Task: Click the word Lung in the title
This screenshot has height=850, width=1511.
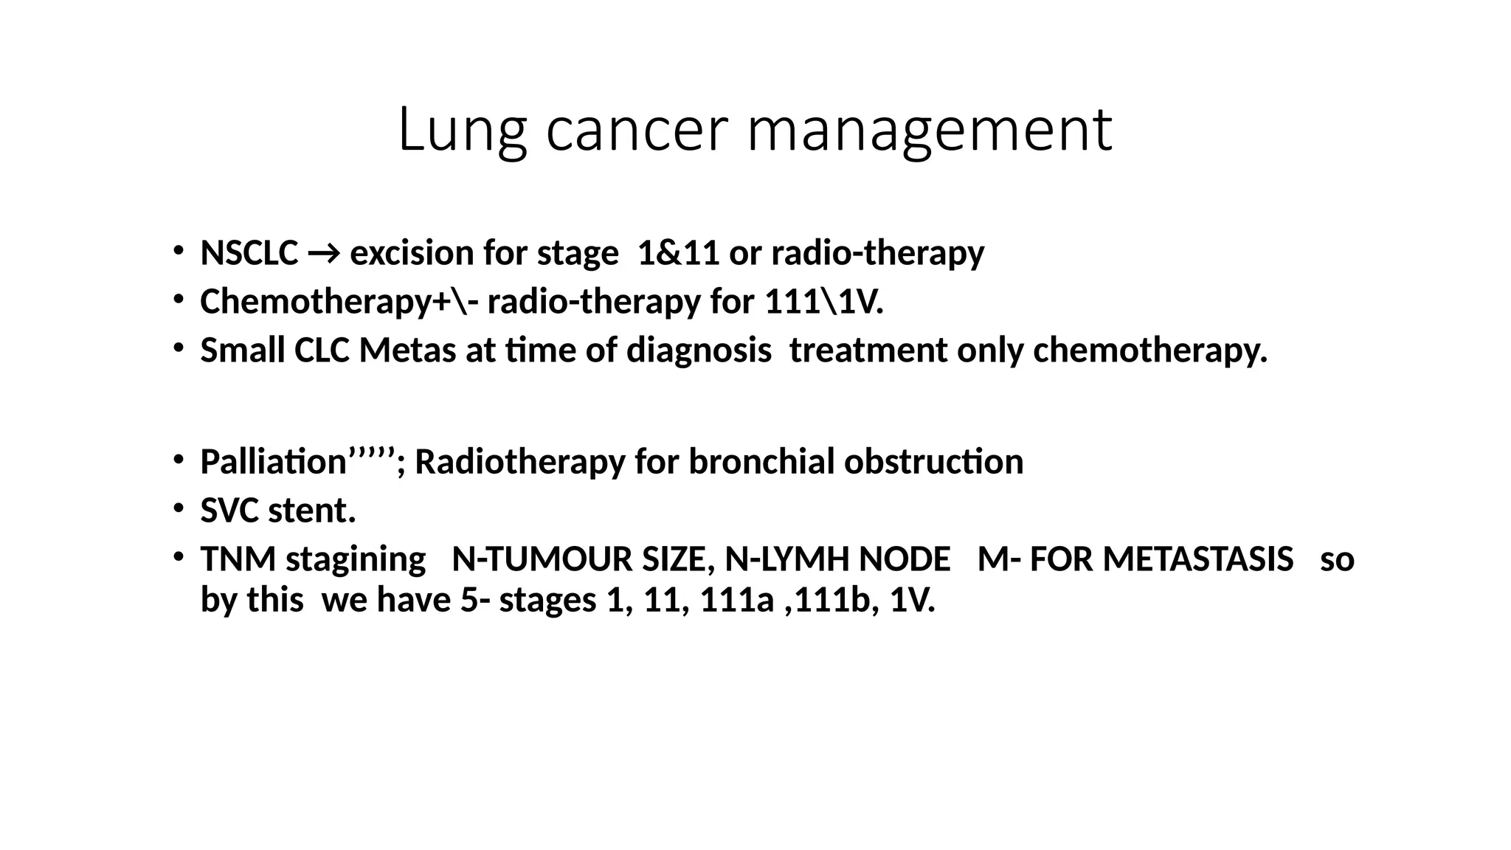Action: pos(462,131)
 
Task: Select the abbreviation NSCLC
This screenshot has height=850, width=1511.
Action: pos(249,253)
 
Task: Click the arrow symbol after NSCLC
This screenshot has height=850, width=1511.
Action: pos(324,254)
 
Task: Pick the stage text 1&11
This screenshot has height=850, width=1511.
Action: pos(678,253)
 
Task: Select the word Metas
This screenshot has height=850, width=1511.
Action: pos(407,350)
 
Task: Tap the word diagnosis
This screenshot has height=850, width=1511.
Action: pos(699,350)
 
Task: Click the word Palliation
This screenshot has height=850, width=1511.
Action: pos(274,463)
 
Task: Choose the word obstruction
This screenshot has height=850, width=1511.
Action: pos(934,463)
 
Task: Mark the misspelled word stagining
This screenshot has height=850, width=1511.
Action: pos(356,559)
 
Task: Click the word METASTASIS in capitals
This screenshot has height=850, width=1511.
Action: pos(1198,559)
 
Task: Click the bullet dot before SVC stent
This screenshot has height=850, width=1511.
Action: pos(178,508)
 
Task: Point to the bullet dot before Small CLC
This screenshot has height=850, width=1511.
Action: pos(178,348)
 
